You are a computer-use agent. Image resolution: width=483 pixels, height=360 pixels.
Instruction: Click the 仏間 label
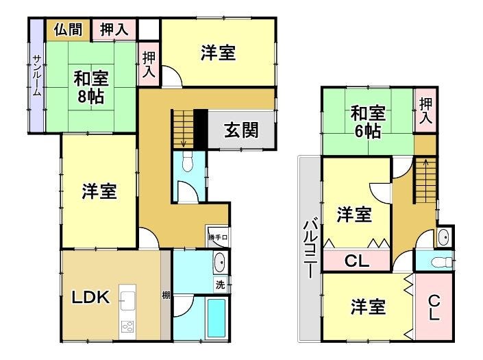[69, 29]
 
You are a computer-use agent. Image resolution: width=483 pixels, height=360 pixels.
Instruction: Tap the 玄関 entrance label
[241, 130]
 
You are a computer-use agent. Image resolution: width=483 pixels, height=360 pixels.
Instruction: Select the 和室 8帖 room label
[91, 87]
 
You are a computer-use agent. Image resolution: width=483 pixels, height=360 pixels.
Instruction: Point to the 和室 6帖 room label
[368, 122]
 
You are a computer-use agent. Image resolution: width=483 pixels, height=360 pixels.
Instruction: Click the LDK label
[90, 297]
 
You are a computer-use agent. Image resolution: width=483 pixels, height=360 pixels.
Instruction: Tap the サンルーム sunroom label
[37, 75]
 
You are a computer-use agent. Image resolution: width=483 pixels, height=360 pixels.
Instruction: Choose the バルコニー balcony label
[311, 248]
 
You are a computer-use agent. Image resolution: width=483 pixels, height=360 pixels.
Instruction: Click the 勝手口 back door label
[218, 237]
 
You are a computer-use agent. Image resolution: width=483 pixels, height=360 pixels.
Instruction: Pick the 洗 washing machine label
[220, 285]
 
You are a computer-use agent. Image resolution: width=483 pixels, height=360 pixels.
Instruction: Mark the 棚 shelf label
[166, 296]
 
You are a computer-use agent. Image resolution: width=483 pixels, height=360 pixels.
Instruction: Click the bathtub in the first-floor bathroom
[216, 318]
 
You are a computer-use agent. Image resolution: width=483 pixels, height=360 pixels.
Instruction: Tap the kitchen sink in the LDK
[127, 297]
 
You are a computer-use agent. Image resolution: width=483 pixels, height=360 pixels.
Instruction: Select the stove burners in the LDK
[127, 326]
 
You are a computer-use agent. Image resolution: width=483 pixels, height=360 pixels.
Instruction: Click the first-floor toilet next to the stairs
[187, 163]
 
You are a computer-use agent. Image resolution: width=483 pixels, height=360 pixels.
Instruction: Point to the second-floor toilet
[441, 263]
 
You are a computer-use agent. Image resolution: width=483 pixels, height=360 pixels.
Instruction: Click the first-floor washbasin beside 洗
[220, 263]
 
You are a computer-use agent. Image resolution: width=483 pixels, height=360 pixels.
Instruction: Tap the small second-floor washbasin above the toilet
[443, 237]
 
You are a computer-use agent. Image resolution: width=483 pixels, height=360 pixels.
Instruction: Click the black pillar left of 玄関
[201, 129]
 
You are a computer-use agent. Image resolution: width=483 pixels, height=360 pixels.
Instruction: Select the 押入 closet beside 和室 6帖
[425, 110]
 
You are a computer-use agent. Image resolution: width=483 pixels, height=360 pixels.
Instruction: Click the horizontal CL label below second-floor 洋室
[357, 261]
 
